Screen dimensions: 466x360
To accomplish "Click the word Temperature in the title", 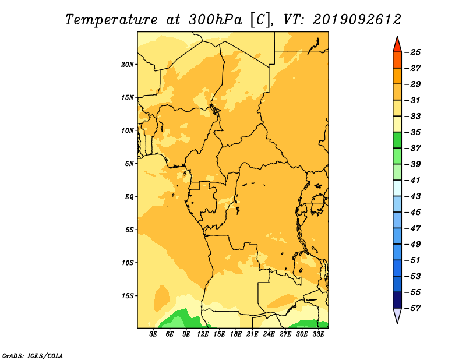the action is coord(111,20).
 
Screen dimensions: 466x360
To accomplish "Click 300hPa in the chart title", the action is coord(215,20).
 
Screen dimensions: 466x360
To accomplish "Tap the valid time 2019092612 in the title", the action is coord(357,20).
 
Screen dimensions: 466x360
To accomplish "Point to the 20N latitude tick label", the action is coord(127,65).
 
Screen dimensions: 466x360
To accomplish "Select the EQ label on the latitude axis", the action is coord(129,197).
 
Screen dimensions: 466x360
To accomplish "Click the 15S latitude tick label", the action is coord(127,296).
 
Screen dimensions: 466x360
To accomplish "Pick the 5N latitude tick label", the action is coord(129,164).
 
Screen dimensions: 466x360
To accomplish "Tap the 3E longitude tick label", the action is coord(153,334).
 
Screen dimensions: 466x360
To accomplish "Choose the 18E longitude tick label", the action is coord(236,334).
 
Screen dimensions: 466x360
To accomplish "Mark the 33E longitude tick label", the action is coord(318,334).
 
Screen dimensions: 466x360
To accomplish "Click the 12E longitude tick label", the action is coord(203,334).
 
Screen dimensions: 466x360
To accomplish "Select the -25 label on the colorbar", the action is coord(412,52).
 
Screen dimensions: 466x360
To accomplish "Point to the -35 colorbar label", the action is coord(412,132).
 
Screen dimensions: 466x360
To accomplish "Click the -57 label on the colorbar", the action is coord(412,308).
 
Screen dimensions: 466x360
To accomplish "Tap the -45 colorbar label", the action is coord(412,212).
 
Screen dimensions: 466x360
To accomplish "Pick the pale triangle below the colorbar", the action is coord(397,315).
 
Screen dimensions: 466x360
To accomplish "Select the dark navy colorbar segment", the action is coord(397,300).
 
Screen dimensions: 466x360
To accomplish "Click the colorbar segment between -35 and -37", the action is coord(397,140).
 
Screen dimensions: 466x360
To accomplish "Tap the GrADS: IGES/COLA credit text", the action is coord(33,355).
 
